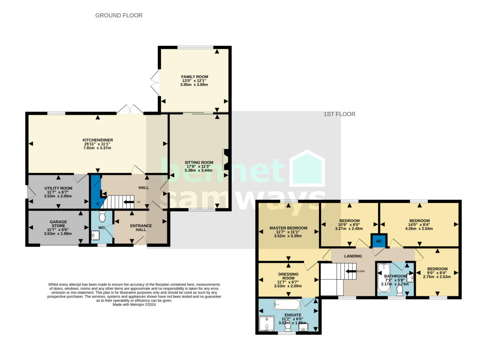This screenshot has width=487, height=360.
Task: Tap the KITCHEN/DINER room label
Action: pyautogui.click(x=97, y=140)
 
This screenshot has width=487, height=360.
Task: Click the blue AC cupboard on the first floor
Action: pyautogui.click(x=379, y=240)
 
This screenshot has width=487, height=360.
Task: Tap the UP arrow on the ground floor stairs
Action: pyautogui.click(x=129, y=202)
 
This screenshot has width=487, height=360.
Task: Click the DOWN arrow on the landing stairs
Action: pyautogui.click(x=350, y=271)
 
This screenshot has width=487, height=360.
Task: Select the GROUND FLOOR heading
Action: pyautogui.click(x=119, y=15)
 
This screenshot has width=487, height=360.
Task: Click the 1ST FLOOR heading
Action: pyautogui.click(x=339, y=114)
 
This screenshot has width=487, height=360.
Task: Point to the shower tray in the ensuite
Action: pyautogui.click(x=267, y=323)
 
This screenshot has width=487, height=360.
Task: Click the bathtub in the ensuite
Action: pyautogui.click(x=287, y=304)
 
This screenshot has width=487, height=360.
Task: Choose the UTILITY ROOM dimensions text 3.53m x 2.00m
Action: pyautogui.click(x=58, y=196)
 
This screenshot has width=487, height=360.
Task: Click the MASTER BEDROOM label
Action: pyautogui.click(x=288, y=228)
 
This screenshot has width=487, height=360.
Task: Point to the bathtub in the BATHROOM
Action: pyautogui.click(x=383, y=278)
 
